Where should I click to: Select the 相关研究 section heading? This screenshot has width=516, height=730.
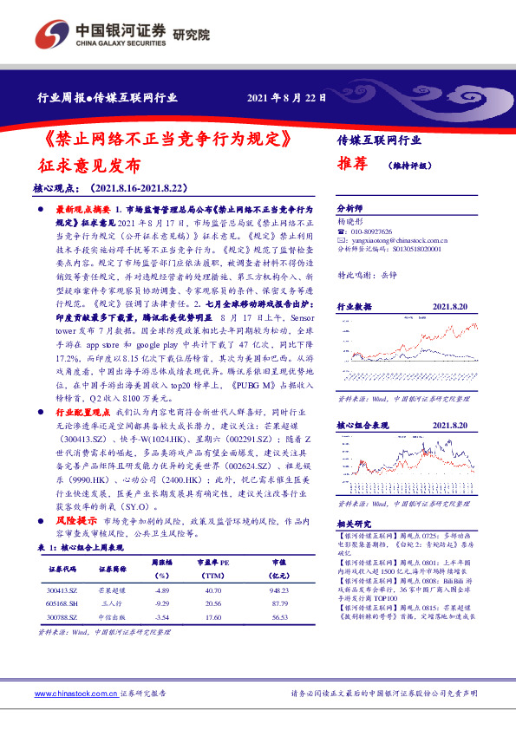click(x=352, y=525)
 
